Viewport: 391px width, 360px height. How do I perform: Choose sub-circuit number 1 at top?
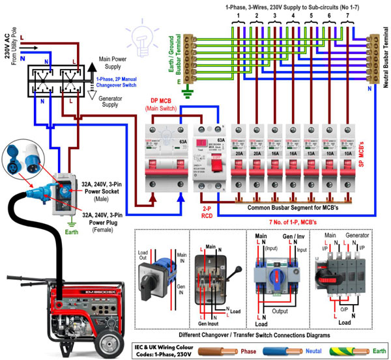[x=240, y=14]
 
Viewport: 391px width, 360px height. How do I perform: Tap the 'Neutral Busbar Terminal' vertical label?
[x=383, y=49]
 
